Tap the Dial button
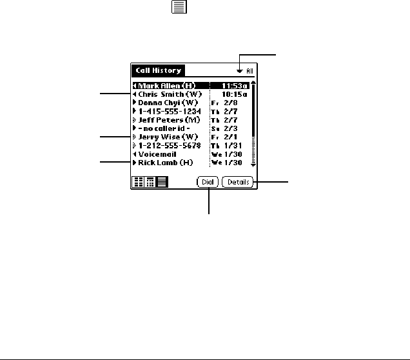[209, 183]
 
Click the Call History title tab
[157, 70]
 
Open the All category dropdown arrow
[240, 71]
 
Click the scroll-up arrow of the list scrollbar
[253, 83]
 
